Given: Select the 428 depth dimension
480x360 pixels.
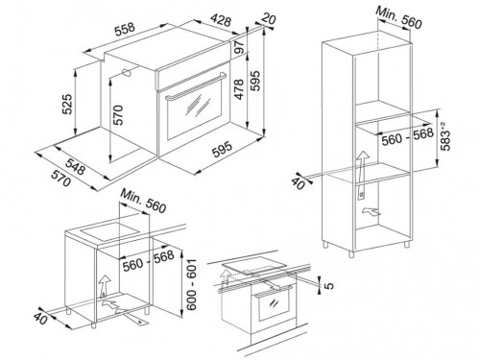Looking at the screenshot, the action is tap(221, 20).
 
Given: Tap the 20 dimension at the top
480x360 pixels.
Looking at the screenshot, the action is tap(269, 18).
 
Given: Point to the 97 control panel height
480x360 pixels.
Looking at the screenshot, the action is tap(240, 46).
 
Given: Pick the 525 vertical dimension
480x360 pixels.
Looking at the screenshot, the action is tap(67, 104).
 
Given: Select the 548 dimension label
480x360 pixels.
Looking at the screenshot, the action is tap(76, 166).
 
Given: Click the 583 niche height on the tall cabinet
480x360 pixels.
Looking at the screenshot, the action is tap(445, 136).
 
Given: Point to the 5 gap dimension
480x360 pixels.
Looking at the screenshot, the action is tap(329, 285).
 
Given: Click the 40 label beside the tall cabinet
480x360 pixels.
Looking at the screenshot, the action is tap(299, 182).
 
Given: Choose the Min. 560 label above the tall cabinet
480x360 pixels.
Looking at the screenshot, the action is tap(398, 16).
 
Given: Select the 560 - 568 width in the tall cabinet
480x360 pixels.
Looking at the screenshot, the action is tap(407, 136).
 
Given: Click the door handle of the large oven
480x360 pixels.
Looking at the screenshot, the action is tap(196, 86).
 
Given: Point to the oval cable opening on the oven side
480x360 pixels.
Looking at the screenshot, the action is tap(128, 73).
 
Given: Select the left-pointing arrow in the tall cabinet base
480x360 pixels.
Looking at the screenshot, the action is tap(372, 211).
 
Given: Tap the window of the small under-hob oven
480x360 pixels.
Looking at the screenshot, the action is tap(275, 306).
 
